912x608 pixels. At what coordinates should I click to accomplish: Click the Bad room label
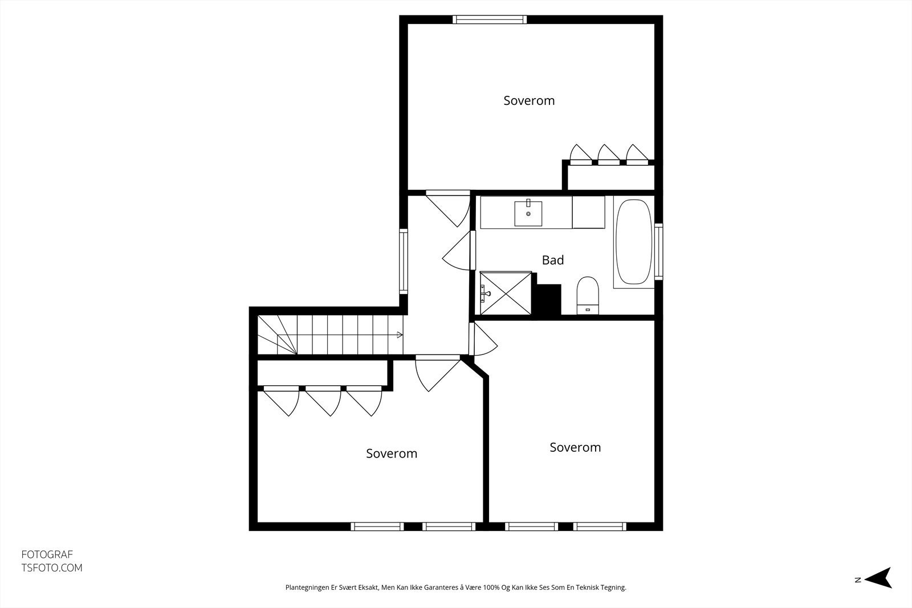click(x=552, y=260)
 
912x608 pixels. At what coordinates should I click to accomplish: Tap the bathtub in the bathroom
click(x=633, y=242)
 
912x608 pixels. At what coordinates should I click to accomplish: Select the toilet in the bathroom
click(x=588, y=296)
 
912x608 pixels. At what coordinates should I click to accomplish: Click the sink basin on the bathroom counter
click(x=528, y=213)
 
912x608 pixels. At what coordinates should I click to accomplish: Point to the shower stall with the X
click(x=506, y=293)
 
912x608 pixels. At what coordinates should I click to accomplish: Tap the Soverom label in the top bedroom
click(x=529, y=100)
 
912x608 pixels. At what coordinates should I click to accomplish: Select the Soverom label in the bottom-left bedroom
click(x=391, y=454)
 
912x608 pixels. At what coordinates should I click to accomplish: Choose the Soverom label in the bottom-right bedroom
click(x=575, y=447)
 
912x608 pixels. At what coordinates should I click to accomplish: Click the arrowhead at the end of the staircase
click(x=400, y=335)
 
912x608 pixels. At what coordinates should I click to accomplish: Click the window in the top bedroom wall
click(x=490, y=19)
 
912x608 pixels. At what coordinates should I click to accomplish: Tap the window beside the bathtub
click(x=659, y=251)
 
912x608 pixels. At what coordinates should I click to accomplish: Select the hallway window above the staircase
click(x=404, y=262)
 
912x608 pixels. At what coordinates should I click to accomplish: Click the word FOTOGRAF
click(x=47, y=554)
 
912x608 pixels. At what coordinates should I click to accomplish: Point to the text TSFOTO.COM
click(x=52, y=568)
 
